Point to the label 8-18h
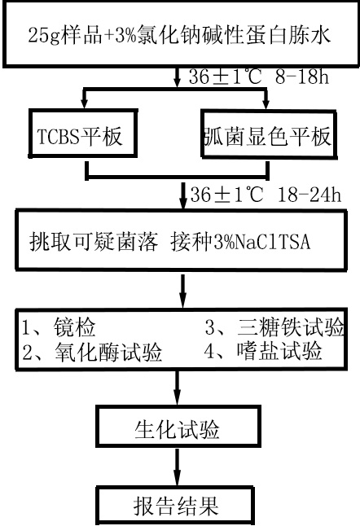[302, 77]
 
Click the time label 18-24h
[310, 195]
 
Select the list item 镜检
[59, 327]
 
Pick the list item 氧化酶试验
[92, 352]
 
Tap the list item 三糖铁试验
[274, 327]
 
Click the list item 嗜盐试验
[263, 351]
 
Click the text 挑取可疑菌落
[94, 241]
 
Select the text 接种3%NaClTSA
[240, 241]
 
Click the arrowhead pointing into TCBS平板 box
[84, 103]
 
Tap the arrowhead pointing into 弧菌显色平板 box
[266, 104]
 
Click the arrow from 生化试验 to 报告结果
[178, 467]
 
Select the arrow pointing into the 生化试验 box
[178, 388]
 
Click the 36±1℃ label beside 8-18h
[225, 77]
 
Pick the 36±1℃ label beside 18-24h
[226, 195]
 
